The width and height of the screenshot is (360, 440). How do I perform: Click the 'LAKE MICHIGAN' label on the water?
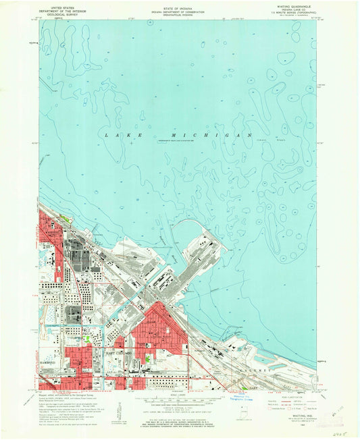[178, 136]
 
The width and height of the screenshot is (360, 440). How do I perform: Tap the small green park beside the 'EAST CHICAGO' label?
[87, 339]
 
